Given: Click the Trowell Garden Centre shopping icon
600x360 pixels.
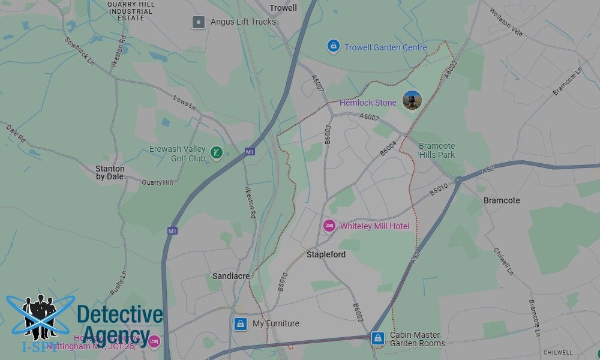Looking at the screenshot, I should (333, 46).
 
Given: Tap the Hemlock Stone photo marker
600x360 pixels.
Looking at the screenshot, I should (412, 100).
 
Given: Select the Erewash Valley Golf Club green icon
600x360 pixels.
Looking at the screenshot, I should (217, 154).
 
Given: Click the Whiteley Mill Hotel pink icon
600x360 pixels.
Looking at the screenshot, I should (329, 226).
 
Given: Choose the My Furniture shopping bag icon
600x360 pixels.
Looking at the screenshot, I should (241, 323).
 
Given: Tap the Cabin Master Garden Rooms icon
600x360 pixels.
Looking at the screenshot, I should (377, 338).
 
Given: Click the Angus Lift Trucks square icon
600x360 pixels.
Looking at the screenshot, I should (199, 22).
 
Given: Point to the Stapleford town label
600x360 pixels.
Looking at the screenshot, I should (326, 254).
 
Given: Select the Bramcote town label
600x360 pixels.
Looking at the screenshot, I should (502, 200).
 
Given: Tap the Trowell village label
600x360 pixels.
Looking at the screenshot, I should (283, 8).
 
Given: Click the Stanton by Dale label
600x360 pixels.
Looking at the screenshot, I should (110, 173).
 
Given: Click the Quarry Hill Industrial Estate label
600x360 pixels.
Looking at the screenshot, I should (130, 11).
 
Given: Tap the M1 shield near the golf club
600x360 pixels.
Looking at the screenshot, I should (249, 153).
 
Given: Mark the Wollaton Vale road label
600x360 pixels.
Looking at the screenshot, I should (506, 22).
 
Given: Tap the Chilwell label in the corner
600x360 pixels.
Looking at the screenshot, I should (558, 352).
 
